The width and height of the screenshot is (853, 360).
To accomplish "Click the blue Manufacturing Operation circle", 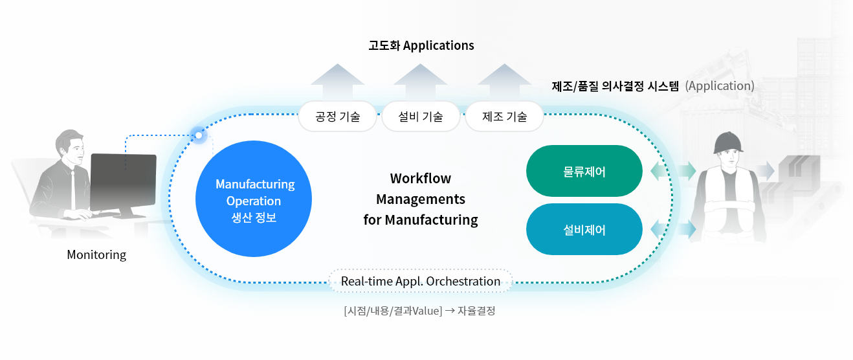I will [x=254, y=201].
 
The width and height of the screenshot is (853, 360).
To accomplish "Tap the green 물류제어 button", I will [x=584, y=171].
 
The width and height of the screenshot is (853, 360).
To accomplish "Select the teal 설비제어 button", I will [x=584, y=229].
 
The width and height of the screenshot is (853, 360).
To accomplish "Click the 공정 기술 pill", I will [x=337, y=117].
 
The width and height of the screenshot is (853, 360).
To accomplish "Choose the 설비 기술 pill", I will [x=421, y=117].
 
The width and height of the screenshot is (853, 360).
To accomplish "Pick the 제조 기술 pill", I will [x=504, y=117].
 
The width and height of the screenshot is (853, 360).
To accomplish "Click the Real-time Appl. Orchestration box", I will [x=421, y=282].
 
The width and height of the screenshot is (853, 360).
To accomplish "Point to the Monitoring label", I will [x=96, y=254].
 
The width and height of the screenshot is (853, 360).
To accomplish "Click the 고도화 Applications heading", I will [x=421, y=45].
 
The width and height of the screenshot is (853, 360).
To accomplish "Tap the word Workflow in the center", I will [x=421, y=178].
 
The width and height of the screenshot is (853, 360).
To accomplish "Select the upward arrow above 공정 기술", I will [x=337, y=82].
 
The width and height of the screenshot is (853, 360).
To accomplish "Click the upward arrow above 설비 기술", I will [x=421, y=82].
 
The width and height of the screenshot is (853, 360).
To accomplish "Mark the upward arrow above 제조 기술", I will [x=504, y=82].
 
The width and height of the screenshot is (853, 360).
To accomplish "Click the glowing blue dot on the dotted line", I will [x=199, y=135].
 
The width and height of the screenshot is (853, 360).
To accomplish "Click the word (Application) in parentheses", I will [x=720, y=85].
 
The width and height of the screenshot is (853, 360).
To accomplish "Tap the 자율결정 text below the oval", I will [x=476, y=311].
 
